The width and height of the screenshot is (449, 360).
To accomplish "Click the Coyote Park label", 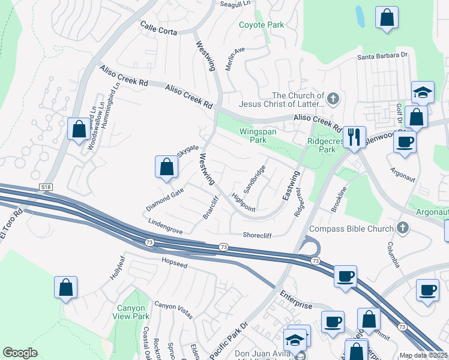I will (261, 25).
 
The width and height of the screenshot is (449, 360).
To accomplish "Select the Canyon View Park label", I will (132, 312).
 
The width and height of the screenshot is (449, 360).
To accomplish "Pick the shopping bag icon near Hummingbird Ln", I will (79, 128).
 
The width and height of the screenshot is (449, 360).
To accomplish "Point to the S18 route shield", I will (46, 188).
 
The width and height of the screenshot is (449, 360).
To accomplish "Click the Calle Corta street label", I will (158, 28).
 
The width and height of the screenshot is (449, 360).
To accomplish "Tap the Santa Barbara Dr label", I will (382, 56).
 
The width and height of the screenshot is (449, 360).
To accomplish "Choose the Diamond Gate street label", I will (164, 199).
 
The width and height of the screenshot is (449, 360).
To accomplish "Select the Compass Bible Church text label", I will (351, 229).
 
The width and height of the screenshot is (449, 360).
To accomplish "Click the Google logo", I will (20, 353).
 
